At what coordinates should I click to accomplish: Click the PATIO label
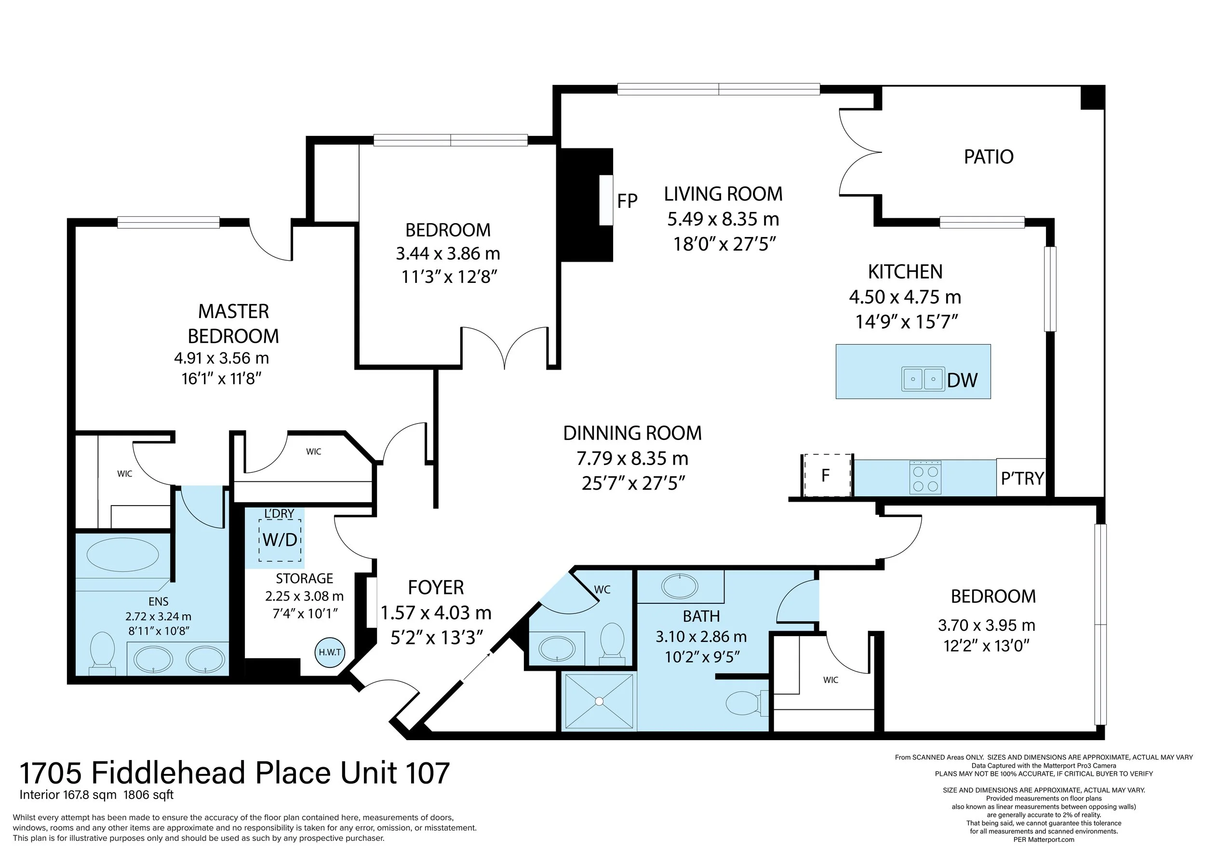tap(988, 157)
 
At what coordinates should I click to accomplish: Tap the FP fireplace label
tap(627, 201)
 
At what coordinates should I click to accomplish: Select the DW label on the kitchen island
tap(962, 380)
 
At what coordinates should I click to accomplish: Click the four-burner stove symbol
tap(925, 478)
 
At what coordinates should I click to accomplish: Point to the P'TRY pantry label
tap(1022, 479)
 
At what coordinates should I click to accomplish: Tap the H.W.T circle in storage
tap(330, 652)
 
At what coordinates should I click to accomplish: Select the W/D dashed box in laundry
tap(280, 540)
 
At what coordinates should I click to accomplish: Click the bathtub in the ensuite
tap(122, 555)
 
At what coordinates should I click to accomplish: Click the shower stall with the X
tap(599, 702)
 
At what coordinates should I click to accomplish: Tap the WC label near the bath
tap(602, 590)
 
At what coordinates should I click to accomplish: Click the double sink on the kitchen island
tap(923, 379)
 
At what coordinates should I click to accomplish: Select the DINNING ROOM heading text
tap(632, 433)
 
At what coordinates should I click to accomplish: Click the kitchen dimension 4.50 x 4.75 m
tap(905, 297)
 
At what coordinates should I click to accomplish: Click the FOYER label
tap(436, 587)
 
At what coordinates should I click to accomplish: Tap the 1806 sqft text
tap(148, 794)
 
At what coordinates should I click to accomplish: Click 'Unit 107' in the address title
tap(395, 773)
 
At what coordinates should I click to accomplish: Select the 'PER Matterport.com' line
tap(1044, 839)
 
